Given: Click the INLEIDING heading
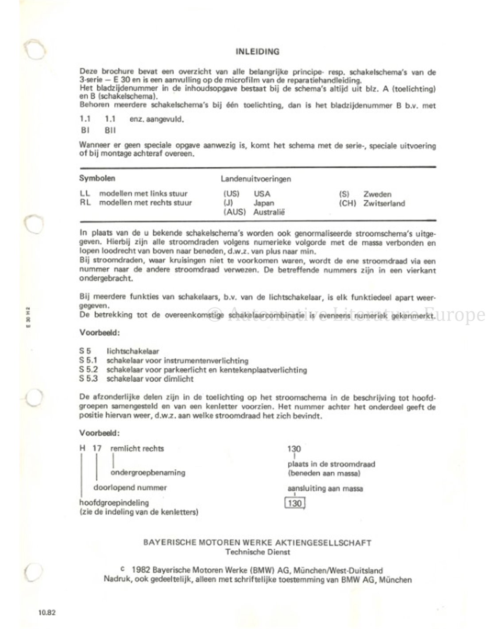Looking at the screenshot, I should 257,52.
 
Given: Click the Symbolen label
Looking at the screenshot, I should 97,178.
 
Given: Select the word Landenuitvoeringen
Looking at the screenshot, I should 256,179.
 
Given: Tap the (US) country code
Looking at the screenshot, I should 231,194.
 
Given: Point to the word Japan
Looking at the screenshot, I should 264,203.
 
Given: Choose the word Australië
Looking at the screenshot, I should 269,212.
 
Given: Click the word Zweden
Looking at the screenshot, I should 377,194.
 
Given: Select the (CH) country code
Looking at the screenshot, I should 348,203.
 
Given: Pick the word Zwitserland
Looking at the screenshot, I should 384,203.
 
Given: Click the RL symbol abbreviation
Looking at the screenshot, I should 85,203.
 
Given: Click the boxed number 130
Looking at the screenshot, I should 294,503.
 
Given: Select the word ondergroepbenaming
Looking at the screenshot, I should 147,472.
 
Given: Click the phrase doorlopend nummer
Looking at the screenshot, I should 130,487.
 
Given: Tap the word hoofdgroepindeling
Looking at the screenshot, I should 114,502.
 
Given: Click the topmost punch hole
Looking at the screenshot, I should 34,50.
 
